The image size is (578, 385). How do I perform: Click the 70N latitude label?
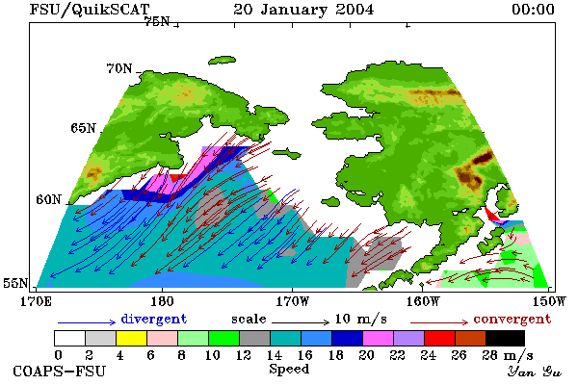pyautogui.click(x=119, y=68)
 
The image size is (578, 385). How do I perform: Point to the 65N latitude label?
pyautogui.click(x=83, y=128)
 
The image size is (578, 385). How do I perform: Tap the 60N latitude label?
pyautogui.click(x=48, y=199)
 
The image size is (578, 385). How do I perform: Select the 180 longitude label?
pyautogui.click(x=162, y=301)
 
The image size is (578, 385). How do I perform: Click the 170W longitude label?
pyautogui.click(x=292, y=301)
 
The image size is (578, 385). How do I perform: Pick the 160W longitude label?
pyautogui.click(x=423, y=301)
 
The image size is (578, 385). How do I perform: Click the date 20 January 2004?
pyautogui.click(x=303, y=10)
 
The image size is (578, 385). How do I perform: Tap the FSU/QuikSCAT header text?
pyautogui.click(x=90, y=10)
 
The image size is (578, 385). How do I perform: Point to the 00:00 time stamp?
pyautogui.click(x=533, y=10)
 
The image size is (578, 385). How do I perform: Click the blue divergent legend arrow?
pyautogui.click(x=87, y=322)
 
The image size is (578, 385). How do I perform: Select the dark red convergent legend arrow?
pyautogui.click(x=439, y=322)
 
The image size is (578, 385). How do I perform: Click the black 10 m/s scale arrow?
pyautogui.click(x=301, y=322)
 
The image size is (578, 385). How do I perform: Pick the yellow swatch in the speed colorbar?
pyautogui.click(x=132, y=338)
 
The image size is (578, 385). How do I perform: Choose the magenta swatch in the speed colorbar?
pyautogui.click(x=378, y=338)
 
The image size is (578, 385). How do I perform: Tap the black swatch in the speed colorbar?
pyautogui.click(x=506, y=338)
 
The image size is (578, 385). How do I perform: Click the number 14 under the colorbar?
pyautogui.click(x=274, y=355)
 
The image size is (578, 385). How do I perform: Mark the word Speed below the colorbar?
pyautogui.click(x=289, y=369)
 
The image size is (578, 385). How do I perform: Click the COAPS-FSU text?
pyautogui.click(x=59, y=371)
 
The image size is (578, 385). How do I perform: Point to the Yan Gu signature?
pyautogui.click(x=534, y=372)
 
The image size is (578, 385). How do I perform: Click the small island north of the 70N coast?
pyautogui.click(x=222, y=61)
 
